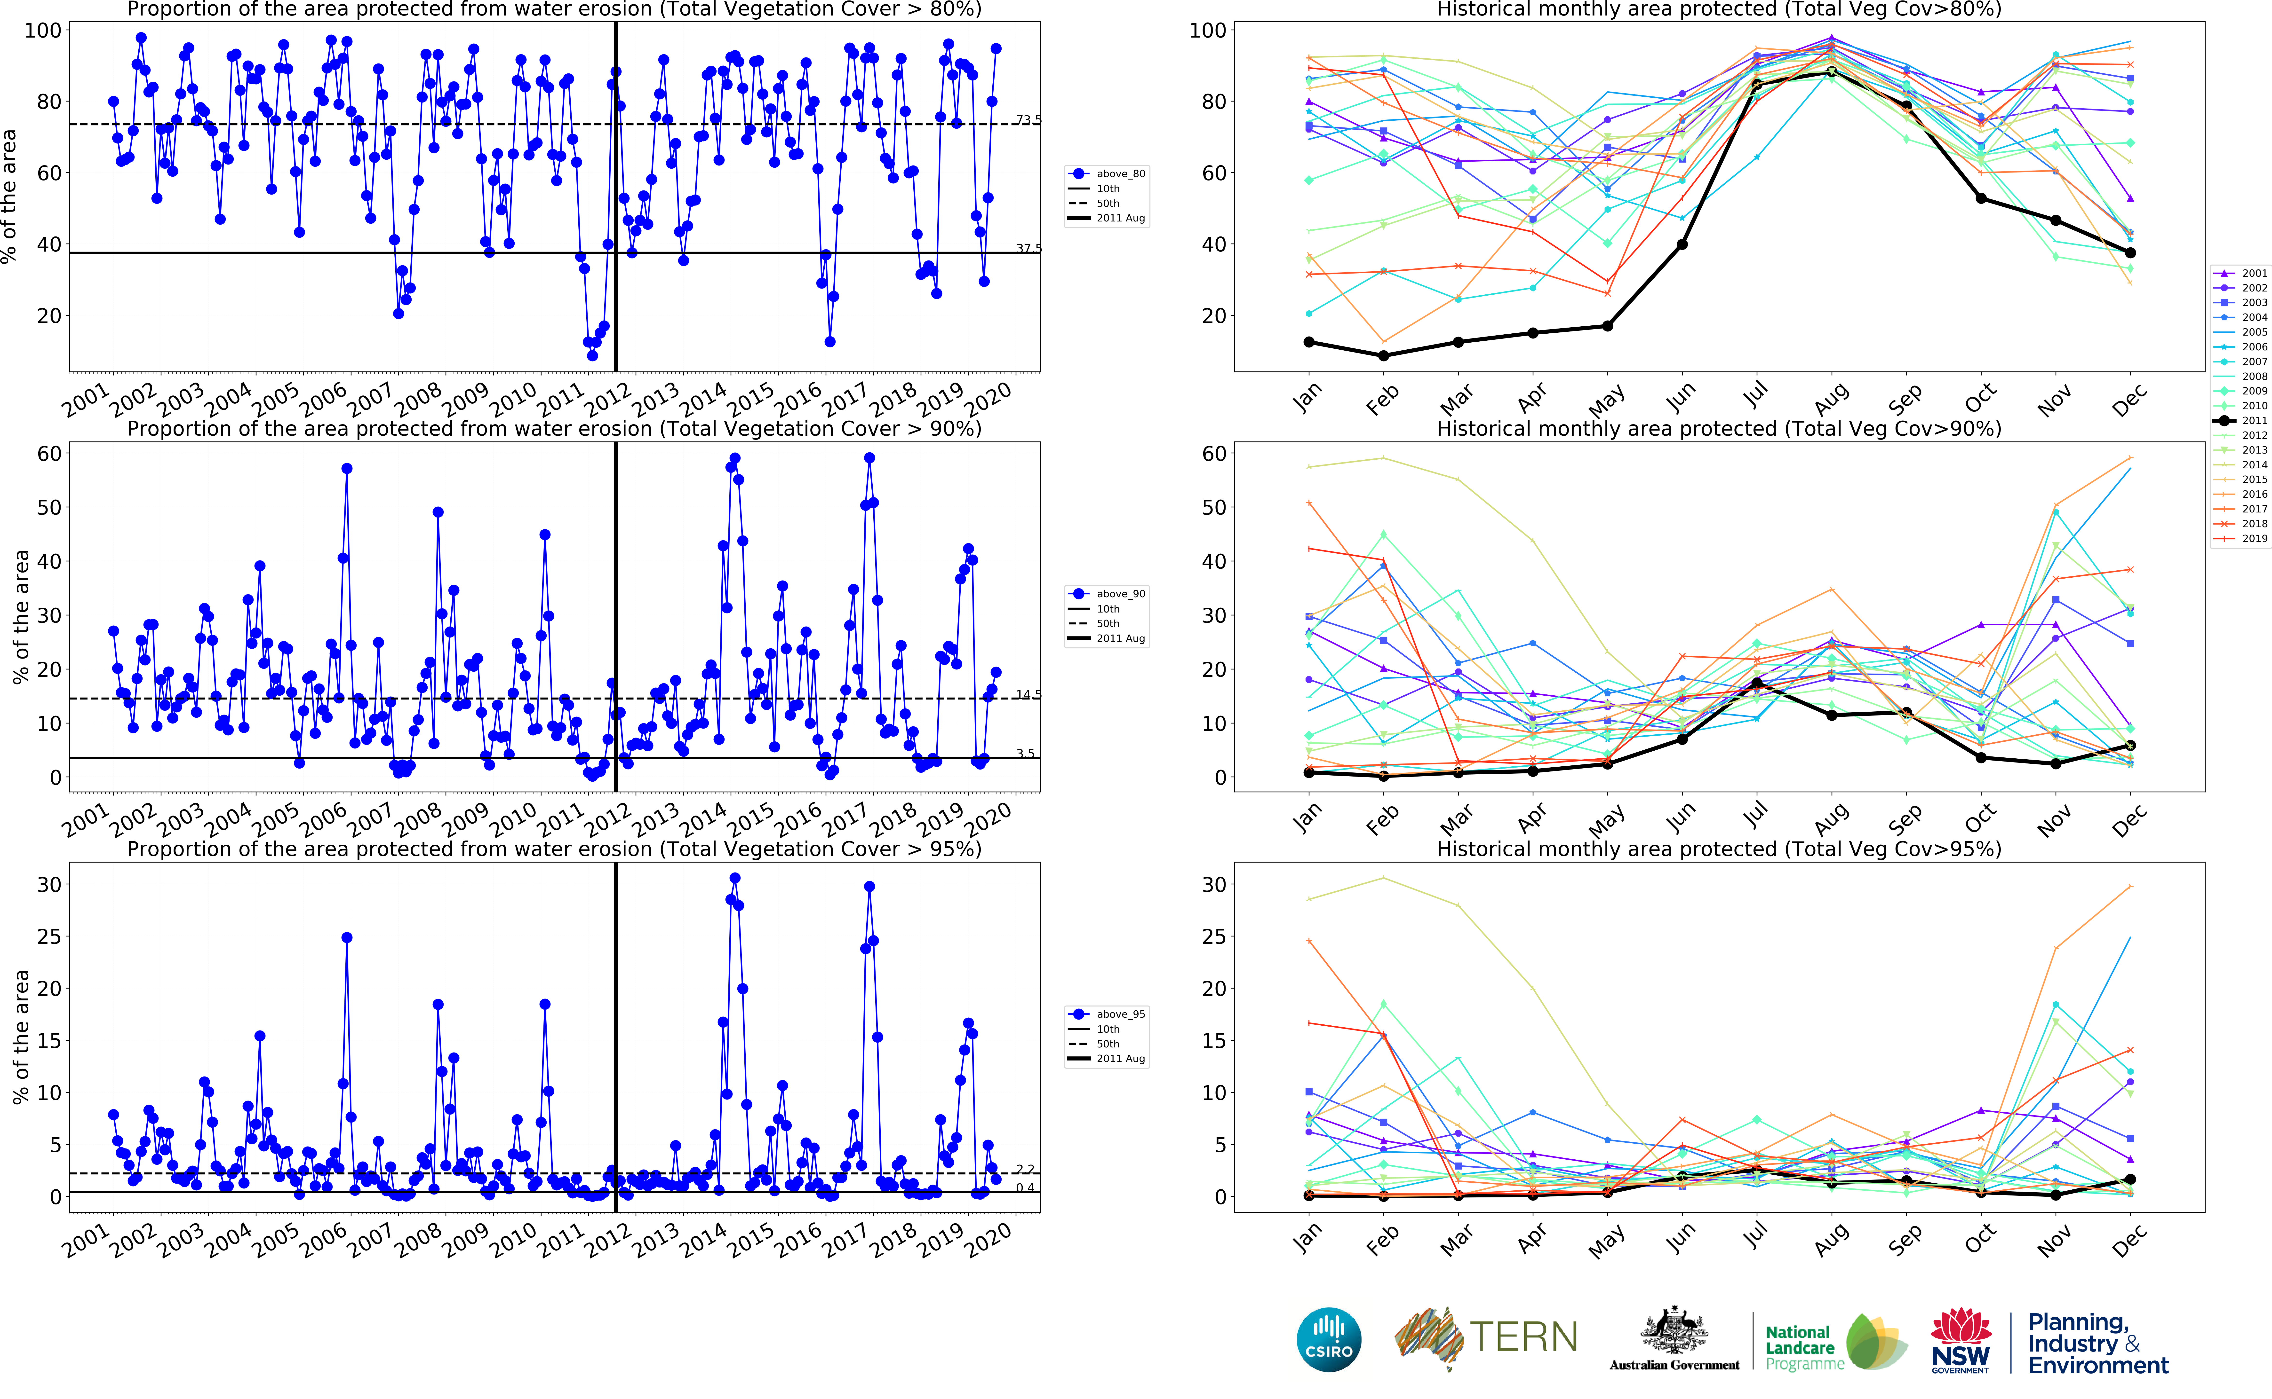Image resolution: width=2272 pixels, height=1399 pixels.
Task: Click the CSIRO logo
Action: (x=1329, y=1339)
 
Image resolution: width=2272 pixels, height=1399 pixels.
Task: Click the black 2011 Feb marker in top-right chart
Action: (x=1384, y=355)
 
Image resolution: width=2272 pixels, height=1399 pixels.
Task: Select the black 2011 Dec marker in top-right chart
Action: (x=2130, y=253)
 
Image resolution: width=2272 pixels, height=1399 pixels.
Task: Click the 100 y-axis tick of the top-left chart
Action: (x=43, y=31)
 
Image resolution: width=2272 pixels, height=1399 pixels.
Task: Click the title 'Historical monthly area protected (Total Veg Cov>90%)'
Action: (x=1719, y=428)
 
